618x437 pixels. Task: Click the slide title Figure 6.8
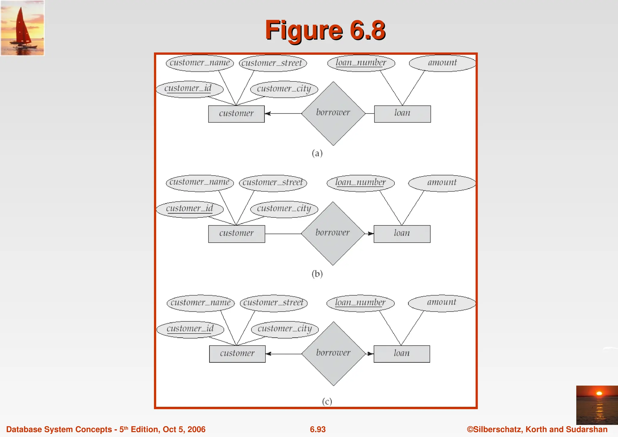point(325,30)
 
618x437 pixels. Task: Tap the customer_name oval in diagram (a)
point(200,63)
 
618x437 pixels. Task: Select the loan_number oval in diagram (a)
point(361,63)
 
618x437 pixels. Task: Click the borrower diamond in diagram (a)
point(333,113)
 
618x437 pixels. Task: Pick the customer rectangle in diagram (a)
point(236,114)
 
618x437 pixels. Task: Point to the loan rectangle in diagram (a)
point(402,114)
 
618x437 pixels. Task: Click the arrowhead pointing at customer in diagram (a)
point(268,113)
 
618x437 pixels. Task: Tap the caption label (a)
point(317,153)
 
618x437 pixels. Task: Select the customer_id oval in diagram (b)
point(190,209)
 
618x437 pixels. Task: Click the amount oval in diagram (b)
point(442,183)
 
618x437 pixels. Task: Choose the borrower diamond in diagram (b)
point(333,233)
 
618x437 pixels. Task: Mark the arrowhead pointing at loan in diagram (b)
point(371,234)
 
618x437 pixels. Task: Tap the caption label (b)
point(317,273)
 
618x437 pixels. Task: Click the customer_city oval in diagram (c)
point(285,329)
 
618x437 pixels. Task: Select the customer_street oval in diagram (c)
point(273,303)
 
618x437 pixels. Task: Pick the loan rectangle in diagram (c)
point(402,354)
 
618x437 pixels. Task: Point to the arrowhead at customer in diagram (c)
point(269,354)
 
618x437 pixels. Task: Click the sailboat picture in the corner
point(22,28)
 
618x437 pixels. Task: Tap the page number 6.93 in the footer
point(318,429)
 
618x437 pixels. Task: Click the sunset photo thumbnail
point(597,405)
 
